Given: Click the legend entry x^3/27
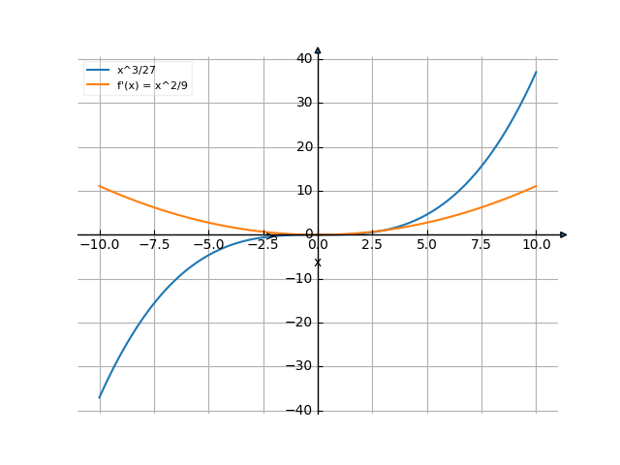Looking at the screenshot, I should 136,71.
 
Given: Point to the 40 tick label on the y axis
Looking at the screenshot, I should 304,58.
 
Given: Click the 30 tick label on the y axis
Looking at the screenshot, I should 304,103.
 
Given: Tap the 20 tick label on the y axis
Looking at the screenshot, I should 304,146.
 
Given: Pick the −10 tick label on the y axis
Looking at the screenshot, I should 301,279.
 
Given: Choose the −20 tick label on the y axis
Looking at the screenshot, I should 301,323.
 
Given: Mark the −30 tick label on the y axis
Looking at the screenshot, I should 301,367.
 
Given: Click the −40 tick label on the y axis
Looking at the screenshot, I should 301,411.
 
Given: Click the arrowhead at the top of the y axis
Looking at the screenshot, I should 318,49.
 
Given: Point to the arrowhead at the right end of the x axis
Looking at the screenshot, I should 564,234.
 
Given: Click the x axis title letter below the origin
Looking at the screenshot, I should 317,263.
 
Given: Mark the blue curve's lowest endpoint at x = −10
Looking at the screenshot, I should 100,397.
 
